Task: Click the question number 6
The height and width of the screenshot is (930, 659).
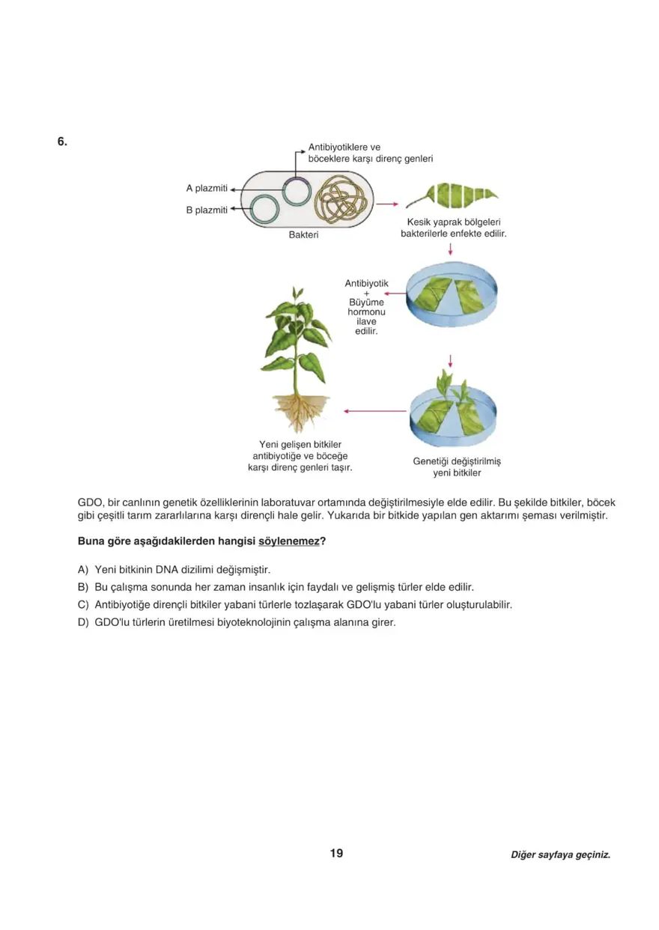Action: coord(62,141)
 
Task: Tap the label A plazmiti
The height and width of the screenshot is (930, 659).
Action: coord(207,188)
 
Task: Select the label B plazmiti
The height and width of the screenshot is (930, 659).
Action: coord(207,210)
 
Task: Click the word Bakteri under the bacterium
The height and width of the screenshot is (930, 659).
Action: coord(303,235)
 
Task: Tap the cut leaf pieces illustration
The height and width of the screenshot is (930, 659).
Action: coord(457,195)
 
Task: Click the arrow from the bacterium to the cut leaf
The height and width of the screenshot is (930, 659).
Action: coord(386,203)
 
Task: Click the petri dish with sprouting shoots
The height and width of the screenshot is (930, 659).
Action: coord(452,412)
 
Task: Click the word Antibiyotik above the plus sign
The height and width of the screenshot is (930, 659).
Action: coord(366,283)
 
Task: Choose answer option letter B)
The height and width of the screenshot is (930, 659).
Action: coord(83,587)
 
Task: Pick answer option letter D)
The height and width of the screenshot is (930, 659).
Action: coord(83,622)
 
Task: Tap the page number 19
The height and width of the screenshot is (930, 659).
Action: coord(336,853)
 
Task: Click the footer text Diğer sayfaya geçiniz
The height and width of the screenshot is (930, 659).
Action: coord(560,854)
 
